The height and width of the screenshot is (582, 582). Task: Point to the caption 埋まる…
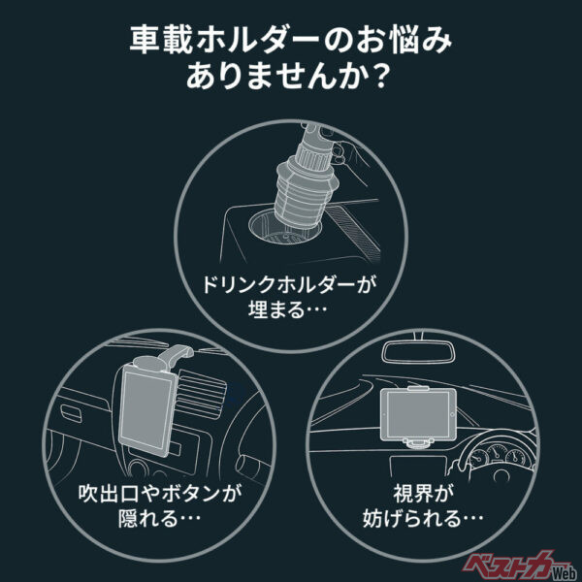click(290, 316)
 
